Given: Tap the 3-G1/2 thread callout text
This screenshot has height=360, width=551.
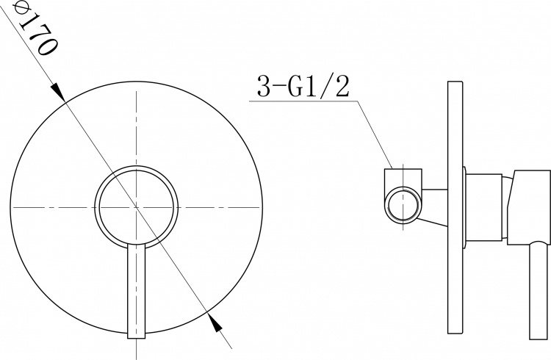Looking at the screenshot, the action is pos(303,86).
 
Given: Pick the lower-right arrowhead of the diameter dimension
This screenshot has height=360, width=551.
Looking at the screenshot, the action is pos(214,322).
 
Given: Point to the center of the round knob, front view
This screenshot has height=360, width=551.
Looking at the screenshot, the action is pos(137,206).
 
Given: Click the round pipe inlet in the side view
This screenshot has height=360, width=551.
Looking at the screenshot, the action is pos(403,205).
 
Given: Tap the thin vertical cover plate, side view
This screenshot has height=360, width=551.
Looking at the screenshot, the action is pos(455,207).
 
